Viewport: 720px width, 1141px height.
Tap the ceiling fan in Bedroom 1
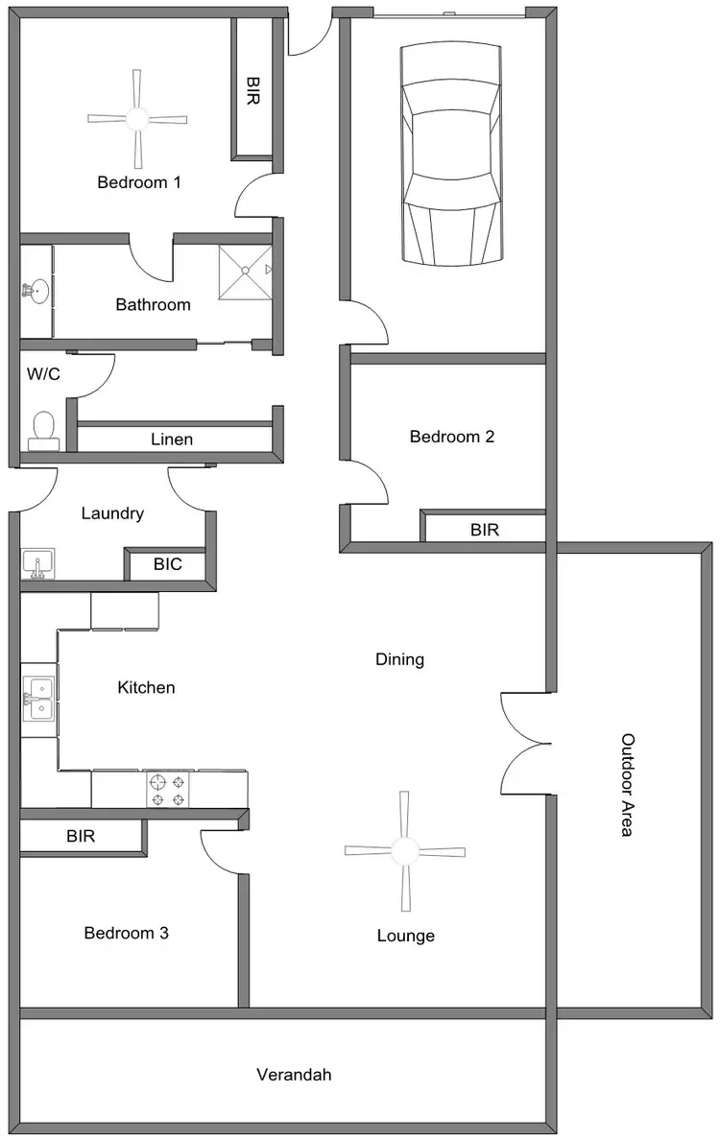coord(137,119)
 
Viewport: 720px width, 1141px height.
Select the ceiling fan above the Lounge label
coord(405,851)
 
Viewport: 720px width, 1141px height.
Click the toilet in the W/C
coord(43,431)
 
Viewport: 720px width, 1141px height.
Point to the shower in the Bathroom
coord(246,272)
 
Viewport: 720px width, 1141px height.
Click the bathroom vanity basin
coord(36,291)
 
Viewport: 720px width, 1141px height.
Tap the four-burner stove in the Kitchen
coord(166,789)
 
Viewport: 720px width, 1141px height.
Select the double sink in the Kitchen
coord(39,699)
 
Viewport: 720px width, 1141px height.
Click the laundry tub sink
coord(38,563)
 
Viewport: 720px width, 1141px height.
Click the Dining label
coord(399,659)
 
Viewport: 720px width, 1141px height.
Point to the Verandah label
coord(294,1075)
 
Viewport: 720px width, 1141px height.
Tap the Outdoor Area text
coord(628,785)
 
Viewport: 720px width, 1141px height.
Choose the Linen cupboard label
coord(172,440)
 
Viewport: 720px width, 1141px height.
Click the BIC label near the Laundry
coord(167,565)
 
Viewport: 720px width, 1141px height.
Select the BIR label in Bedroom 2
coord(484,529)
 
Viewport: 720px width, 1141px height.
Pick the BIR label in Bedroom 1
coord(252,92)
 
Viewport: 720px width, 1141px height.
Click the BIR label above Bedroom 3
coord(81,837)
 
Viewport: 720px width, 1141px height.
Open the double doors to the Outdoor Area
coord(524,743)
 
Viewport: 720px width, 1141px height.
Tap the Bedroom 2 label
coord(451,437)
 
